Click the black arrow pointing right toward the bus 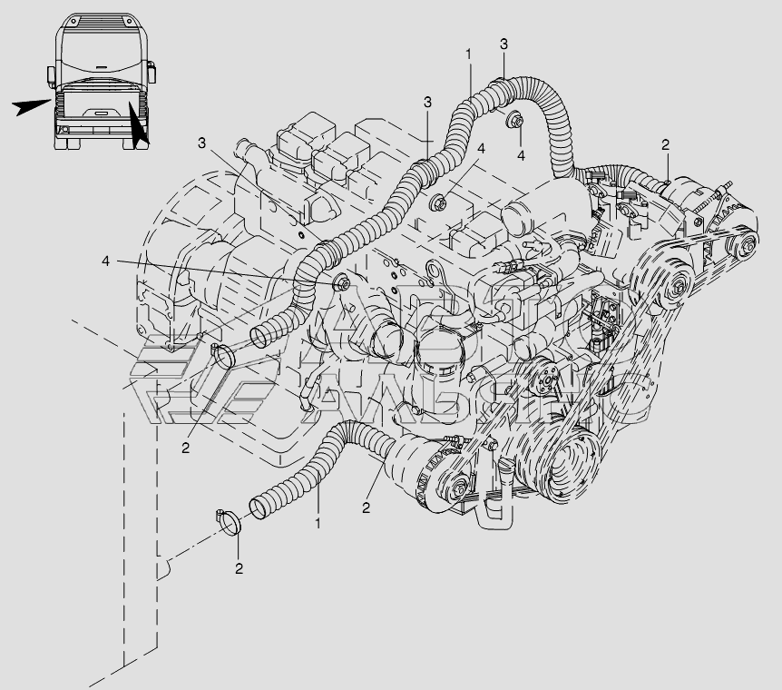point(31,106)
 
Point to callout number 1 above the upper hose point(468,55)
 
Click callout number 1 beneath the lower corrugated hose point(318,524)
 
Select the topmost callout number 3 point(503,44)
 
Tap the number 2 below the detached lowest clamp point(239,569)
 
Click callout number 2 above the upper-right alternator point(665,144)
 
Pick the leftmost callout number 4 point(106,261)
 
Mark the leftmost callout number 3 point(202,143)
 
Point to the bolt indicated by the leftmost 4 point(342,284)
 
